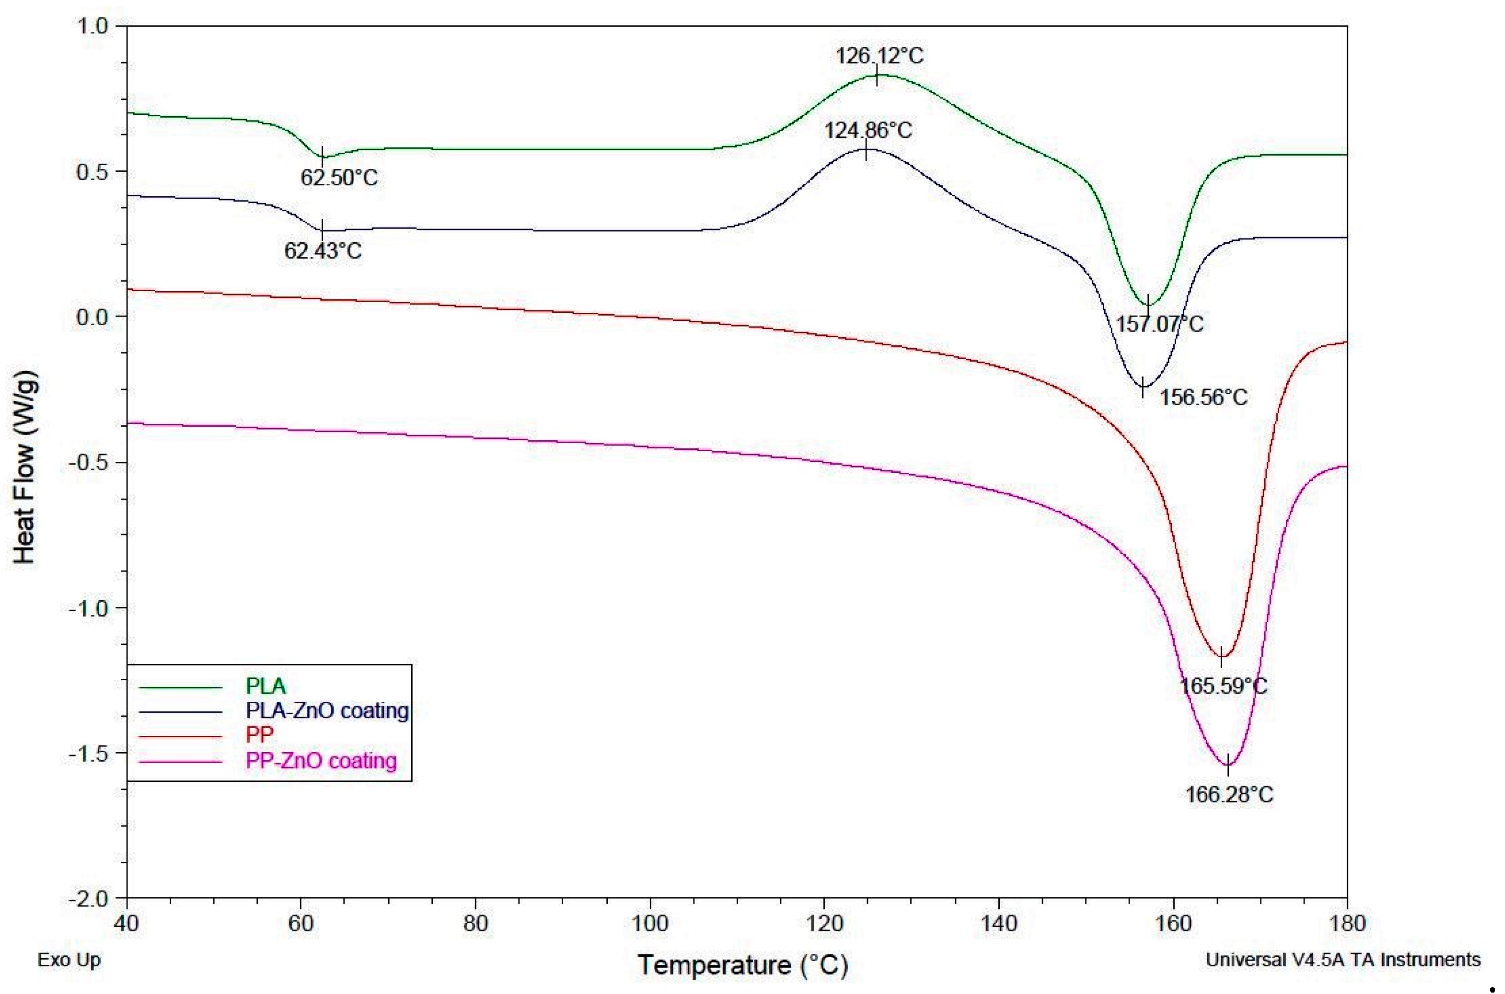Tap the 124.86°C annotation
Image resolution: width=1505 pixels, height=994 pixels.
[x=868, y=131]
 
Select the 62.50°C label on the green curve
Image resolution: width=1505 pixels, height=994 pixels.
[x=339, y=177]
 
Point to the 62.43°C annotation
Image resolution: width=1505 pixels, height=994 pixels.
[x=323, y=251]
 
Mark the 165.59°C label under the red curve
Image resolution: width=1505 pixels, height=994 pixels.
[x=1223, y=686]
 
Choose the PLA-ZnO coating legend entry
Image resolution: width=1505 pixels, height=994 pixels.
[x=327, y=711]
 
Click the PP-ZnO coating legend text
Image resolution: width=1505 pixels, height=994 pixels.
[x=321, y=760]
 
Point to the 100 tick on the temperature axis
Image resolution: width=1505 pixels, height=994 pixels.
[x=650, y=923]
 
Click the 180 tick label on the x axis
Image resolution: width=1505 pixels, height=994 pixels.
[x=1347, y=923]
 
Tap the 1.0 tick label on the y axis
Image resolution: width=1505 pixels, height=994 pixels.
[x=93, y=26]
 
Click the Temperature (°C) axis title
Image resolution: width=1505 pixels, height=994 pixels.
[x=742, y=965]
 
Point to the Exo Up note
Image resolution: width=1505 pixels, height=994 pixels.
[x=69, y=960]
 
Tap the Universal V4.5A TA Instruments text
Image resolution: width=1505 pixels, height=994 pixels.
[x=1343, y=960]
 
